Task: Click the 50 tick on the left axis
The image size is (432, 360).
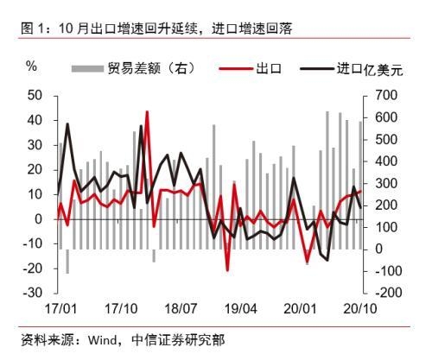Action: pos(37,94)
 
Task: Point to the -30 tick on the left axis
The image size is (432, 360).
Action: pos(35,294)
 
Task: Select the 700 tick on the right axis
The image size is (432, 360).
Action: pos(384,94)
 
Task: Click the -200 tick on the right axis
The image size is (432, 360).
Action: pos(384,294)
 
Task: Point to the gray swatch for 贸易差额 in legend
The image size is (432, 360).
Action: pos(86,67)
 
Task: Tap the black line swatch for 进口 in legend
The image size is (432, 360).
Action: pos(317,67)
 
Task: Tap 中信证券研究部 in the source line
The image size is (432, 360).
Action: pos(180,339)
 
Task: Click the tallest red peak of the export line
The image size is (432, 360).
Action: pos(148,110)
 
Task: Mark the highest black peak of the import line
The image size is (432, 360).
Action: pos(67,124)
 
